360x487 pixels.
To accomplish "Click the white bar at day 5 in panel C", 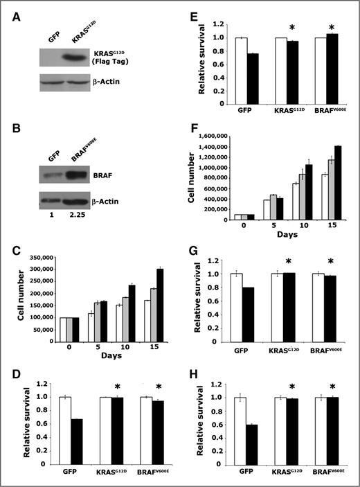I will click(90, 328).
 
